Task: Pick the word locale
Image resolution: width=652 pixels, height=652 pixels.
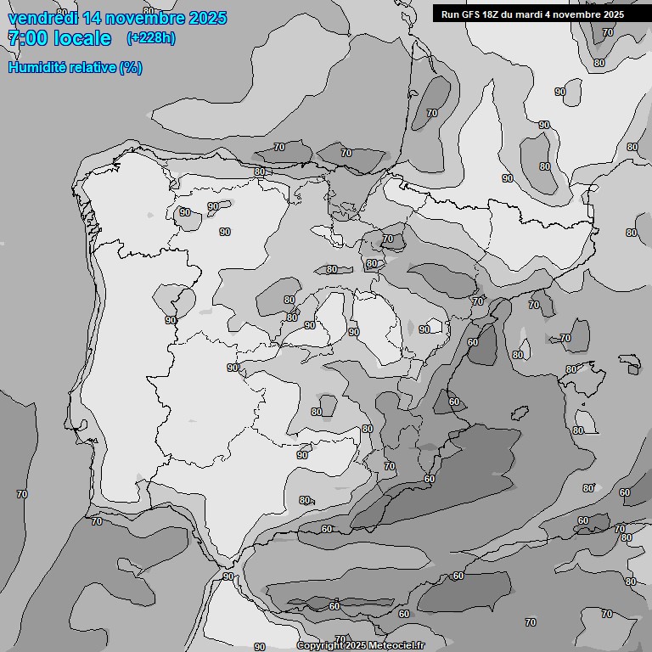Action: (x=88, y=38)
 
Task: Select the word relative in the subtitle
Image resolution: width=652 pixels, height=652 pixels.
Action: (x=93, y=68)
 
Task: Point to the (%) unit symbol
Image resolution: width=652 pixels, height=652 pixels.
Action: (x=132, y=68)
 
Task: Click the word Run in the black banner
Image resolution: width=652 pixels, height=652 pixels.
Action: (x=450, y=14)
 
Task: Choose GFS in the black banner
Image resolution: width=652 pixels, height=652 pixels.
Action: (x=471, y=14)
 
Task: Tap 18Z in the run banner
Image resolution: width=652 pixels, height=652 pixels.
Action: (x=494, y=14)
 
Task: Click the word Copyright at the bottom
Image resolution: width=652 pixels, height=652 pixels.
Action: (x=321, y=646)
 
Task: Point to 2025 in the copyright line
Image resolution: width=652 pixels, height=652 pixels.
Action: (x=358, y=646)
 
